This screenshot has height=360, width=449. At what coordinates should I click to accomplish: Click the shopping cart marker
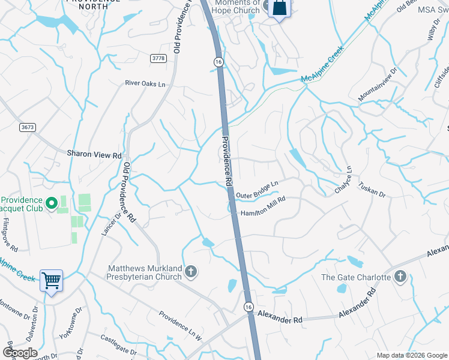[x=52, y=280]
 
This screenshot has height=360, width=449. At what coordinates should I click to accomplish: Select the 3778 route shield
[x=158, y=58]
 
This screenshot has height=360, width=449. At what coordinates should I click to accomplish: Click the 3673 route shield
[x=27, y=127]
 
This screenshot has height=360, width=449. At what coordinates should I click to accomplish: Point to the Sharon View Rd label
[x=94, y=154]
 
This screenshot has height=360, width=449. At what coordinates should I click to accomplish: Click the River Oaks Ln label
[x=145, y=84]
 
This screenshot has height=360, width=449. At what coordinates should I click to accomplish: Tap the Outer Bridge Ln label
[x=258, y=190]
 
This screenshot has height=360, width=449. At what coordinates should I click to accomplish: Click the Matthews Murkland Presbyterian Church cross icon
[x=191, y=272]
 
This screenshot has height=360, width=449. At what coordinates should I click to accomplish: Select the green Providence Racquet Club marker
[x=52, y=203]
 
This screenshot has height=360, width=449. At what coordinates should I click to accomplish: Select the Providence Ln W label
[x=180, y=325]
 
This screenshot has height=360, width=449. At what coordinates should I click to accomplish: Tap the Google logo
[x=19, y=352]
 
